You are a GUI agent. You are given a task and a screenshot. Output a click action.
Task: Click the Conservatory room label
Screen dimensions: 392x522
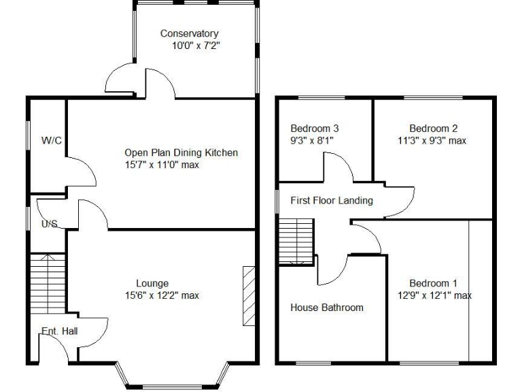click(189, 33)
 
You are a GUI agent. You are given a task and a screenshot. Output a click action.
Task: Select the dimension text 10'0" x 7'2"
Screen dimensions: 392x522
click(196, 46)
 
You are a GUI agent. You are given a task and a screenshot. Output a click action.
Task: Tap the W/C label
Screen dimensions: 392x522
click(52, 141)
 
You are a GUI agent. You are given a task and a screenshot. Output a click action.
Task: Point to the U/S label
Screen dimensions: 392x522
click(49, 223)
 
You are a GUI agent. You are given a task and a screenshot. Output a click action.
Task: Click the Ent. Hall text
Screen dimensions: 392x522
click(59, 331)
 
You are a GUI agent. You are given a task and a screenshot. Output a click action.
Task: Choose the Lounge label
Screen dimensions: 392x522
click(152, 283)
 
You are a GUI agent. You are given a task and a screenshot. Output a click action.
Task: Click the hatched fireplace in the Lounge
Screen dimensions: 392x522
click(248, 296)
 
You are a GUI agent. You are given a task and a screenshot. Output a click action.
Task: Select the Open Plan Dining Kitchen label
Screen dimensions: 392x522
click(181, 152)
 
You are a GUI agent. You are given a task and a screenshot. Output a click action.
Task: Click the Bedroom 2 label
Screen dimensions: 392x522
click(433, 128)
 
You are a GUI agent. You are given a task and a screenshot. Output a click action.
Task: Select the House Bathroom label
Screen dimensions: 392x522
click(327, 308)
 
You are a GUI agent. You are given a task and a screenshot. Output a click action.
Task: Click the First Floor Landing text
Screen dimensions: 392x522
click(332, 200)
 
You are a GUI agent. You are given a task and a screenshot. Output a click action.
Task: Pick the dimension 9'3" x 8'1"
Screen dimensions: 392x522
click(312, 140)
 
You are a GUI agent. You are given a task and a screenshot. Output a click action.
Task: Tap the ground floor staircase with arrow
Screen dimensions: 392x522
click(47, 282)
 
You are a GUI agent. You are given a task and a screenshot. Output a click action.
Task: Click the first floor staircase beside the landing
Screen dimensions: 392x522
click(296, 242)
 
